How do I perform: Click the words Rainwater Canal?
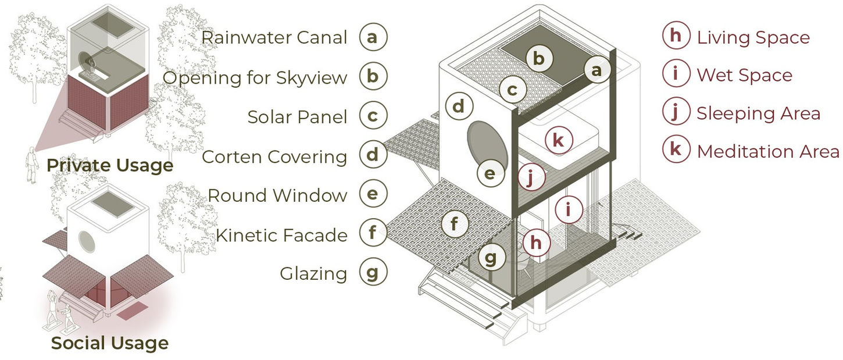tap(274, 38)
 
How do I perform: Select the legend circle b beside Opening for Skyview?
tap(373, 77)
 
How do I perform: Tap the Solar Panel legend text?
tap(297, 117)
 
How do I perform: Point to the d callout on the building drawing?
tap(459, 107)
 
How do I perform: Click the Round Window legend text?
tap(277, 195)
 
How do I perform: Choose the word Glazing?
tap(313, 274)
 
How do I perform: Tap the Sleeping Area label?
tap(758, 113)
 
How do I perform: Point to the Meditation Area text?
tap(767, 152)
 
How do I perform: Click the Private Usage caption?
tap(110, 166)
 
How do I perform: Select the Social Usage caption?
tap(110, 343)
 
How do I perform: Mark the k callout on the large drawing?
tap(559, 140)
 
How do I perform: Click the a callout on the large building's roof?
tap(596, 71)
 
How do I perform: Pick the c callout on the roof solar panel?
tap(512, 90)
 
